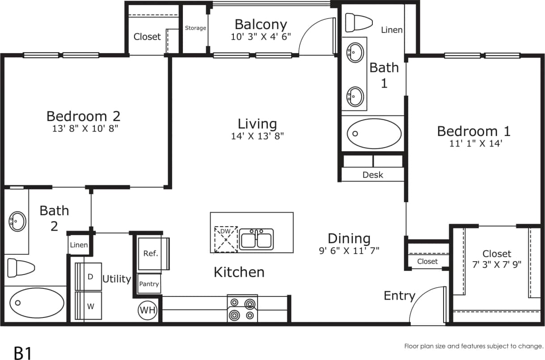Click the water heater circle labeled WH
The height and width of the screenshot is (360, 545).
147,310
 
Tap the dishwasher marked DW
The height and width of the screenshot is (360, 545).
226,239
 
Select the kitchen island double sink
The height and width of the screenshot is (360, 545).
257,239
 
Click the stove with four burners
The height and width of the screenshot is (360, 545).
242,309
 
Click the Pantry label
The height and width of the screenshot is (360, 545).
149,284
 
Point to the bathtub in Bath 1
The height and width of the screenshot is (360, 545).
374,133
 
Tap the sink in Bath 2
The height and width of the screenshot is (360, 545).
17,221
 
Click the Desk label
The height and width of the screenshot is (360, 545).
372,175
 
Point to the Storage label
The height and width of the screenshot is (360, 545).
195,28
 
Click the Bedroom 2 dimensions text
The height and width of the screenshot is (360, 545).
84,128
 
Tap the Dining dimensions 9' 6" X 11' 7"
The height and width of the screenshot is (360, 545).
349,250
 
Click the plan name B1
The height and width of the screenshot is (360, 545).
23,352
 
